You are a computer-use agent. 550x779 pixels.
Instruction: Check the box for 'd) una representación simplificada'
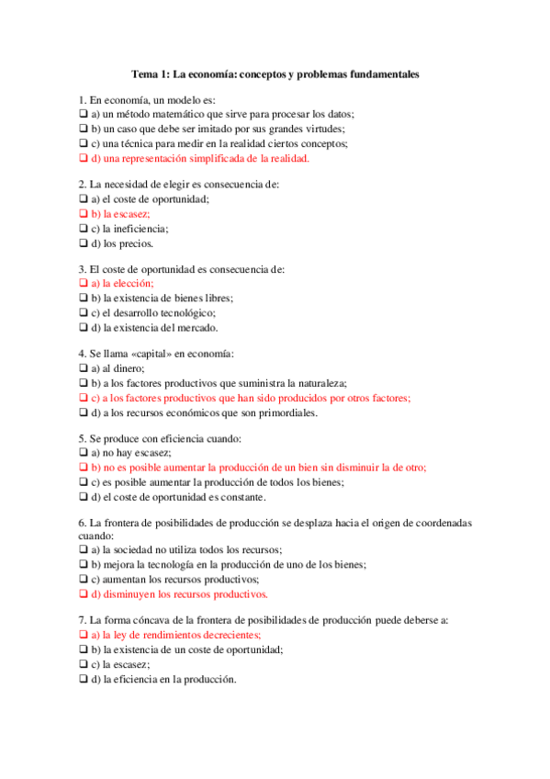[x=83, y=158]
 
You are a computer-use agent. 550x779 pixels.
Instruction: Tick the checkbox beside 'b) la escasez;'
[x=83, y=213]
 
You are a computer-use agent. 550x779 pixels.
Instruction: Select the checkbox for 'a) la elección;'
[x=83, y=284]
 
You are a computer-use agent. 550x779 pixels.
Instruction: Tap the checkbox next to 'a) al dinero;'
[x=83, y=368]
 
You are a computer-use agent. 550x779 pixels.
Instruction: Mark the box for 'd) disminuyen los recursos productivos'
[x=83, y=594]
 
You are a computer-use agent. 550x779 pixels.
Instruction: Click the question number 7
[x=82, y=620]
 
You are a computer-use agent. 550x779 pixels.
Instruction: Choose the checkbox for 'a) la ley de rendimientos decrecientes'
[x=83, y=635]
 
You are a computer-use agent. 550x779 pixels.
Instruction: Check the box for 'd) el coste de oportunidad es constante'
[x=83, y=497]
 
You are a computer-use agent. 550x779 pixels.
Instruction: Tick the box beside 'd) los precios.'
[x=83, y=243]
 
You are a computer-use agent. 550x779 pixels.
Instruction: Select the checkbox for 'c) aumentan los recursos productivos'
[x=83, y=580]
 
